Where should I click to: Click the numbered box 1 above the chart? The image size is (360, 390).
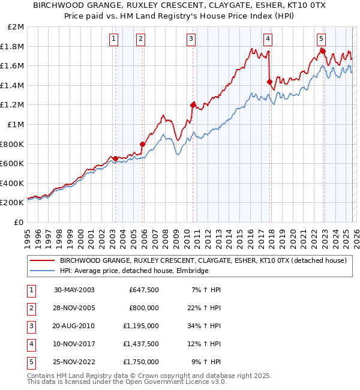coord(114,39)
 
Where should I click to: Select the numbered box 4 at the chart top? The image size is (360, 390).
coord(268,39)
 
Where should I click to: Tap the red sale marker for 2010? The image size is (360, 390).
coord(193,105)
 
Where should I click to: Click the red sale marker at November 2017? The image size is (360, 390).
coord(269,82)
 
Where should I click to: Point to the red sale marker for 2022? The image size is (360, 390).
coord(323,51)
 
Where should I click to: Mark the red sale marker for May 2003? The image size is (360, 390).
coord(115,158)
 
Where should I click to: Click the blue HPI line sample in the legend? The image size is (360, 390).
coord(42,271)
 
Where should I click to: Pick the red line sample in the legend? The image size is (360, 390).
coord(42,260)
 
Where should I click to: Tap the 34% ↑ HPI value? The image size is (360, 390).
coord(205,326)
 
